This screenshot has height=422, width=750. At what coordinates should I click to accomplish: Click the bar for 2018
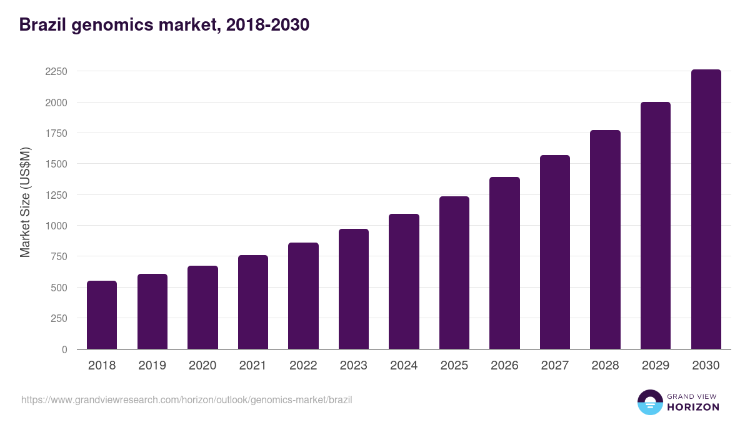(x=102, y=315)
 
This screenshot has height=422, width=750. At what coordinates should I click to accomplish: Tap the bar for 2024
(x=404, y=281)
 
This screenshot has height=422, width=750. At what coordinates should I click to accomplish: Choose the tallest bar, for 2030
(x=706, y=209)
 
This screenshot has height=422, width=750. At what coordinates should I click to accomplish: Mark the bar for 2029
(x=656, y=226)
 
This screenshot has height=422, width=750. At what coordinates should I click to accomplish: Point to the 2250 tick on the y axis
(x=56, y=72)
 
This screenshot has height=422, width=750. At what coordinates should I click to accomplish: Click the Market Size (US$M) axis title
(x=26, y=202)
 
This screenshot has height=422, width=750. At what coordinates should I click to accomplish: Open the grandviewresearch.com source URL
(x=187, y=399)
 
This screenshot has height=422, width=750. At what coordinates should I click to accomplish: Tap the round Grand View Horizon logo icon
(x=649, y=402)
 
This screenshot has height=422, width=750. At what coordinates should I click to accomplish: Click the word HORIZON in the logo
(x=693, y=407)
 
